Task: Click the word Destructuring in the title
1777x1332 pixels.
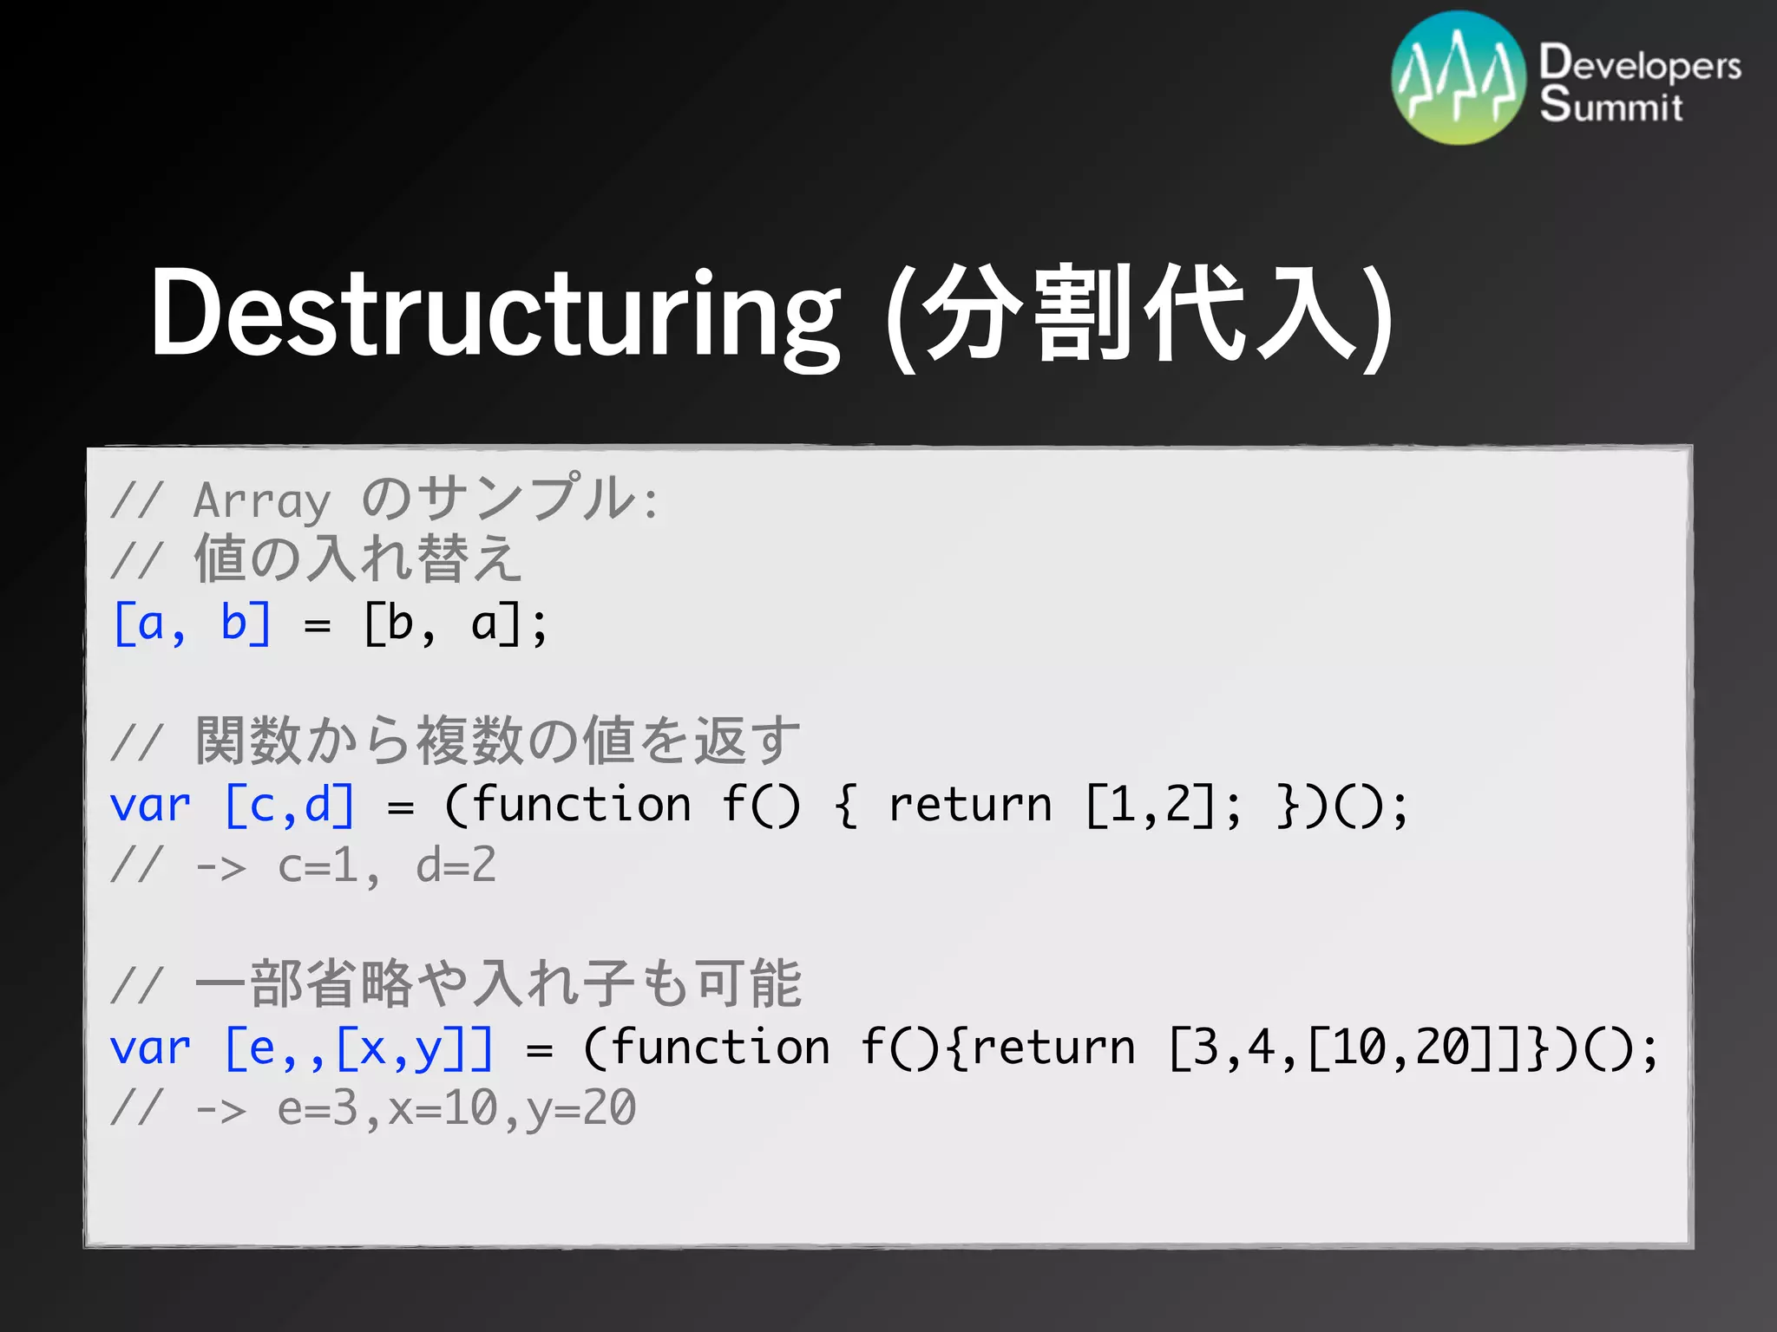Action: [x=495, y=314]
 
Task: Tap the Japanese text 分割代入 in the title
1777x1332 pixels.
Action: [x=1137, y=314]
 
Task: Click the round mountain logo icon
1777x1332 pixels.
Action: [x=1458, y=78]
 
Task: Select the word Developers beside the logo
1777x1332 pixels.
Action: [x=1640, y=64]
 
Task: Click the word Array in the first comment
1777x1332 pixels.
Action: [x=262, y=501]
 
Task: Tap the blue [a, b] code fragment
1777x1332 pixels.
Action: [x=193, y=624]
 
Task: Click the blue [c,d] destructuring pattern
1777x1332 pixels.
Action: [x=290, y=805]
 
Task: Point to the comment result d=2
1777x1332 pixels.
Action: [x=456, y=865]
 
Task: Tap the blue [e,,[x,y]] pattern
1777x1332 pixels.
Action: [x=358, y=1048]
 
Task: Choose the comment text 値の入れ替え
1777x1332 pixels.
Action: [x=357, y=559]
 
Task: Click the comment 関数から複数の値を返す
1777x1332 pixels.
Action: [x=498, y=741]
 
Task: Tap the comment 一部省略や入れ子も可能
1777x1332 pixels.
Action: [x=498, y=984]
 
